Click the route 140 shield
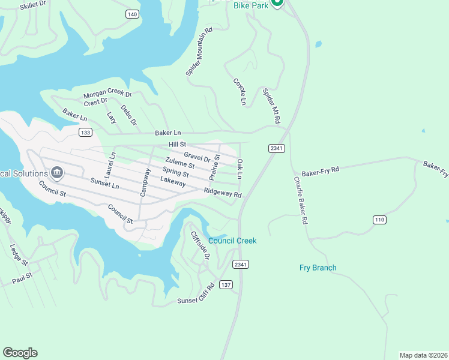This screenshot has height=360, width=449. click(132, 14)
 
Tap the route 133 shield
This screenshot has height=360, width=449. click(85, 132)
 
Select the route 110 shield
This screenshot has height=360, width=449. click(379, 220)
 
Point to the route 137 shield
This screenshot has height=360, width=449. click(226, 284)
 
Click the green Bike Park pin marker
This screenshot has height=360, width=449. click(277, 2)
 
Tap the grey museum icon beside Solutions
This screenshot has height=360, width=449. click(57, 173)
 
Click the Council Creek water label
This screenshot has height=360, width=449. click(232, 241)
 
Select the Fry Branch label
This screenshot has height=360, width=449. click(318, 268)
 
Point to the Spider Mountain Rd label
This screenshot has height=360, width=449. click(200, 52)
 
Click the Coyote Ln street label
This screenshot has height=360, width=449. click(240, 92)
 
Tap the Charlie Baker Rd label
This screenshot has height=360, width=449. click(301, 200)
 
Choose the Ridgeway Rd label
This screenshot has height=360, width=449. click(222, 193)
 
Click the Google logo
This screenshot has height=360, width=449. click(20, 352)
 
